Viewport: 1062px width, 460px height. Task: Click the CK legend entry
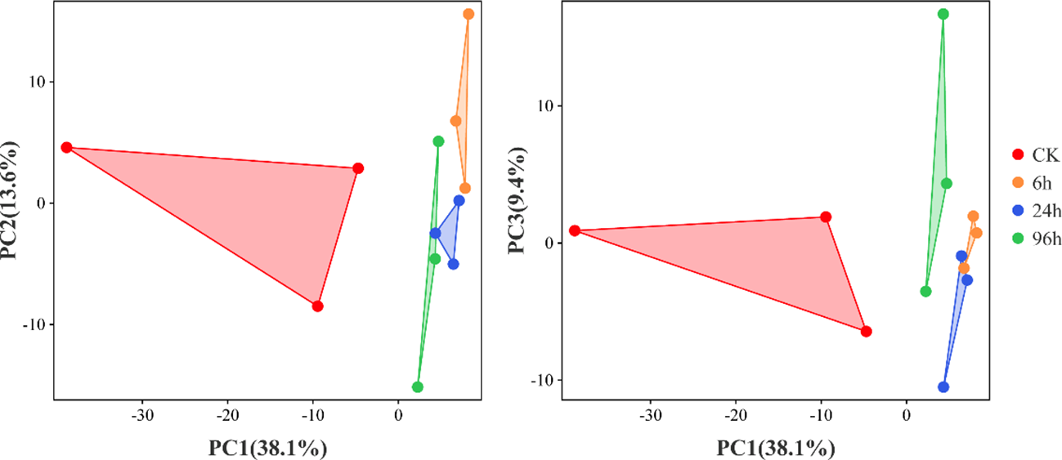[x=1033, y=154]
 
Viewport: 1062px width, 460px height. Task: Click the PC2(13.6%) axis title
[x=12, y=200]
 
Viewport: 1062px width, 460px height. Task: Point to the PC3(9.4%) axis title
[x=518, y=200]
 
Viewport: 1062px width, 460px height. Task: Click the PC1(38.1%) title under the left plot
[x=267, y=447]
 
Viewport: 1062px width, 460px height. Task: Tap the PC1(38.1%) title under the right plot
[x=776, y=447]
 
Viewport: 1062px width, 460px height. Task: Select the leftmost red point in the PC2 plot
[x=67, y=148]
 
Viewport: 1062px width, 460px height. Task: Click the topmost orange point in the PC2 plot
[x=468, y=14]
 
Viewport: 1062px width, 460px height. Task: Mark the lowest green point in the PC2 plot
[x=418, y=387]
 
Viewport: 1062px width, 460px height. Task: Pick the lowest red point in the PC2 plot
[x=318, y=306]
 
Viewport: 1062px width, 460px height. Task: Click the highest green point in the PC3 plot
[x=943, y=14]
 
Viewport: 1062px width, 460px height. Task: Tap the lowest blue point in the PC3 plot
[x=943, y=387]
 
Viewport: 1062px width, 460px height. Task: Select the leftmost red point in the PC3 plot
[x=575, y=230]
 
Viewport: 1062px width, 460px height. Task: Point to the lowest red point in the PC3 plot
[x=867, y=332]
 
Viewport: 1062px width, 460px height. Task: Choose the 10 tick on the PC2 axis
[x=38, y=82]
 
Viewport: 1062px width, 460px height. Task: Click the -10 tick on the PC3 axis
[x=543, y=380]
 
